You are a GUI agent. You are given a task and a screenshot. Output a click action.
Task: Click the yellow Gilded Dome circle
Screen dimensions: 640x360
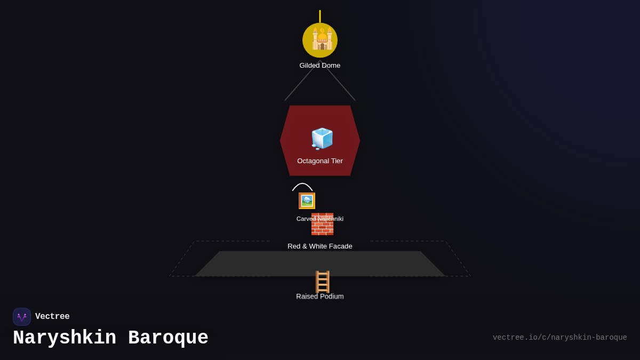pos(320,41)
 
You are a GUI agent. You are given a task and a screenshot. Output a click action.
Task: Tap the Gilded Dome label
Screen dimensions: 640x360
pos(319,66)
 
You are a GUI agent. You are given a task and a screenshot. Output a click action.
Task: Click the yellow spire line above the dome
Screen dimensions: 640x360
pos(320,17)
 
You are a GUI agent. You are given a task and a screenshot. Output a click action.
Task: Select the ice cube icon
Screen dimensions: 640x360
pos(322,139)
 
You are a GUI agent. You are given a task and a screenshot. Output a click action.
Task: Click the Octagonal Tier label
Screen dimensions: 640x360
pos(320,161)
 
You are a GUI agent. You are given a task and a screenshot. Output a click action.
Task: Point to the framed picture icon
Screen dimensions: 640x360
pos(307,201)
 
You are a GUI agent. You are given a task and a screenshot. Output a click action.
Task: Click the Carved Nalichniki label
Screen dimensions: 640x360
pos(319,219)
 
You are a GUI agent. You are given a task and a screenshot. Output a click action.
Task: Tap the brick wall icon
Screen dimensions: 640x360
pos(322,224)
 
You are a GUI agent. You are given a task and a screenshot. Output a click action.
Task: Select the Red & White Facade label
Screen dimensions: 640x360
pos(319,246)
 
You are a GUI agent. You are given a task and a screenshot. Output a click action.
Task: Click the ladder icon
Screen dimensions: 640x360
pos(322,282)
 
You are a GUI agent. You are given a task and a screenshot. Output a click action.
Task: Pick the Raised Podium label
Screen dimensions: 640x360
pos(319,297)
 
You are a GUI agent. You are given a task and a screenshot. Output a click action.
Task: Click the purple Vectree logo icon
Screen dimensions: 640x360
pos(22,317)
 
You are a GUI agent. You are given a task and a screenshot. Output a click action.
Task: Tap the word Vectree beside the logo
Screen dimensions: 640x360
pos(52,316)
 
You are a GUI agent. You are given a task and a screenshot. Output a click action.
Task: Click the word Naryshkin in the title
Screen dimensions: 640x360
pos(65,338)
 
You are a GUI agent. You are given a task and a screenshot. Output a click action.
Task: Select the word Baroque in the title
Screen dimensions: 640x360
pos(169,338)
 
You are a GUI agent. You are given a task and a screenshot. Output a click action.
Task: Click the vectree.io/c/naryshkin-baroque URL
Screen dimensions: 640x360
pos(559,338)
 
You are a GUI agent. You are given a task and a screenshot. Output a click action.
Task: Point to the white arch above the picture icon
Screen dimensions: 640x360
pos(302,183)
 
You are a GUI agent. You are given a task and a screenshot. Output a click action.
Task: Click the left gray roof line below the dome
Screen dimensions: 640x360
pos(302,81)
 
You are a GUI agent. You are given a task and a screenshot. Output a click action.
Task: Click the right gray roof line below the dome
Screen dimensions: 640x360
pos(338,81)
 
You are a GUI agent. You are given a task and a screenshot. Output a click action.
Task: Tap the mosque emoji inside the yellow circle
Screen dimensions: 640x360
pos(322,38)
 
